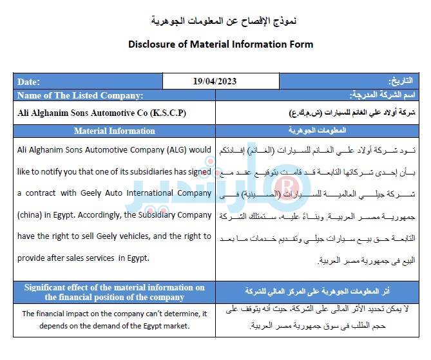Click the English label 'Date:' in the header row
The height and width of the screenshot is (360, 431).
click(28, 82)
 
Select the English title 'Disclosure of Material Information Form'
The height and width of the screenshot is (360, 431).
click(220, 44)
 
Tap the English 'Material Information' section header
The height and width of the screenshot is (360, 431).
click(114, 131)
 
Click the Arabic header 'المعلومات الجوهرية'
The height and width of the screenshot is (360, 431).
click(321, 131)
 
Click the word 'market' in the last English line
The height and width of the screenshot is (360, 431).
click(175, 325)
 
